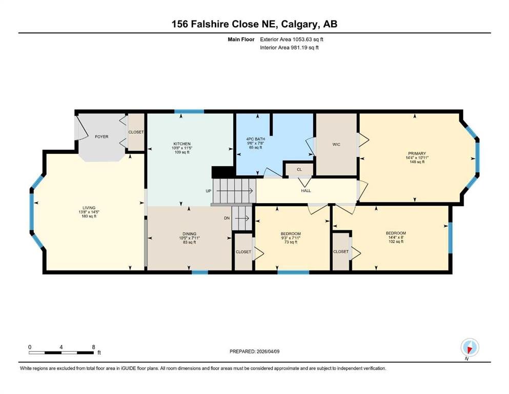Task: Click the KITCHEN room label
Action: click(x=182, y=144)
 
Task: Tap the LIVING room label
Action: click(x=89, y=208)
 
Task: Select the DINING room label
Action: click(x=189, y=234)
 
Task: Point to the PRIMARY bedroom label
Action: click(x=417, y=153)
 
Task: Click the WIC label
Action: click(x=336, y=145)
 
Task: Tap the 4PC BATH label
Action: click(x=255, y=139)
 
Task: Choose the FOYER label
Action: click(x=101, y=137)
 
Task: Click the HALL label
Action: click(x=306, y=191)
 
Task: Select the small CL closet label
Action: click(x=299, y=169)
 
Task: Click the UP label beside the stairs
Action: click(x=209, y=191)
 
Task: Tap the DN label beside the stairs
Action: click(x=227, y=218)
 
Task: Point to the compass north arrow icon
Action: click(x=470, y=347)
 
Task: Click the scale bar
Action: click(x=62, y=352)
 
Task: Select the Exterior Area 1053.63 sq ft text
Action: click(x=292, y=40)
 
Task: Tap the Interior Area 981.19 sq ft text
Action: click(x=289, y=47)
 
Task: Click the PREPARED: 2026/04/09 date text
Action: click(x=254, y=351)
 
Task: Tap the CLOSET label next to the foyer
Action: click(x=136, y=132)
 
